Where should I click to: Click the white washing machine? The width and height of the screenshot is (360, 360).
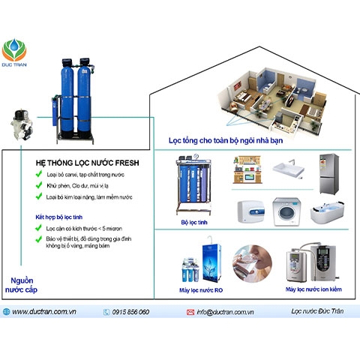(x=289, y=212)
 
